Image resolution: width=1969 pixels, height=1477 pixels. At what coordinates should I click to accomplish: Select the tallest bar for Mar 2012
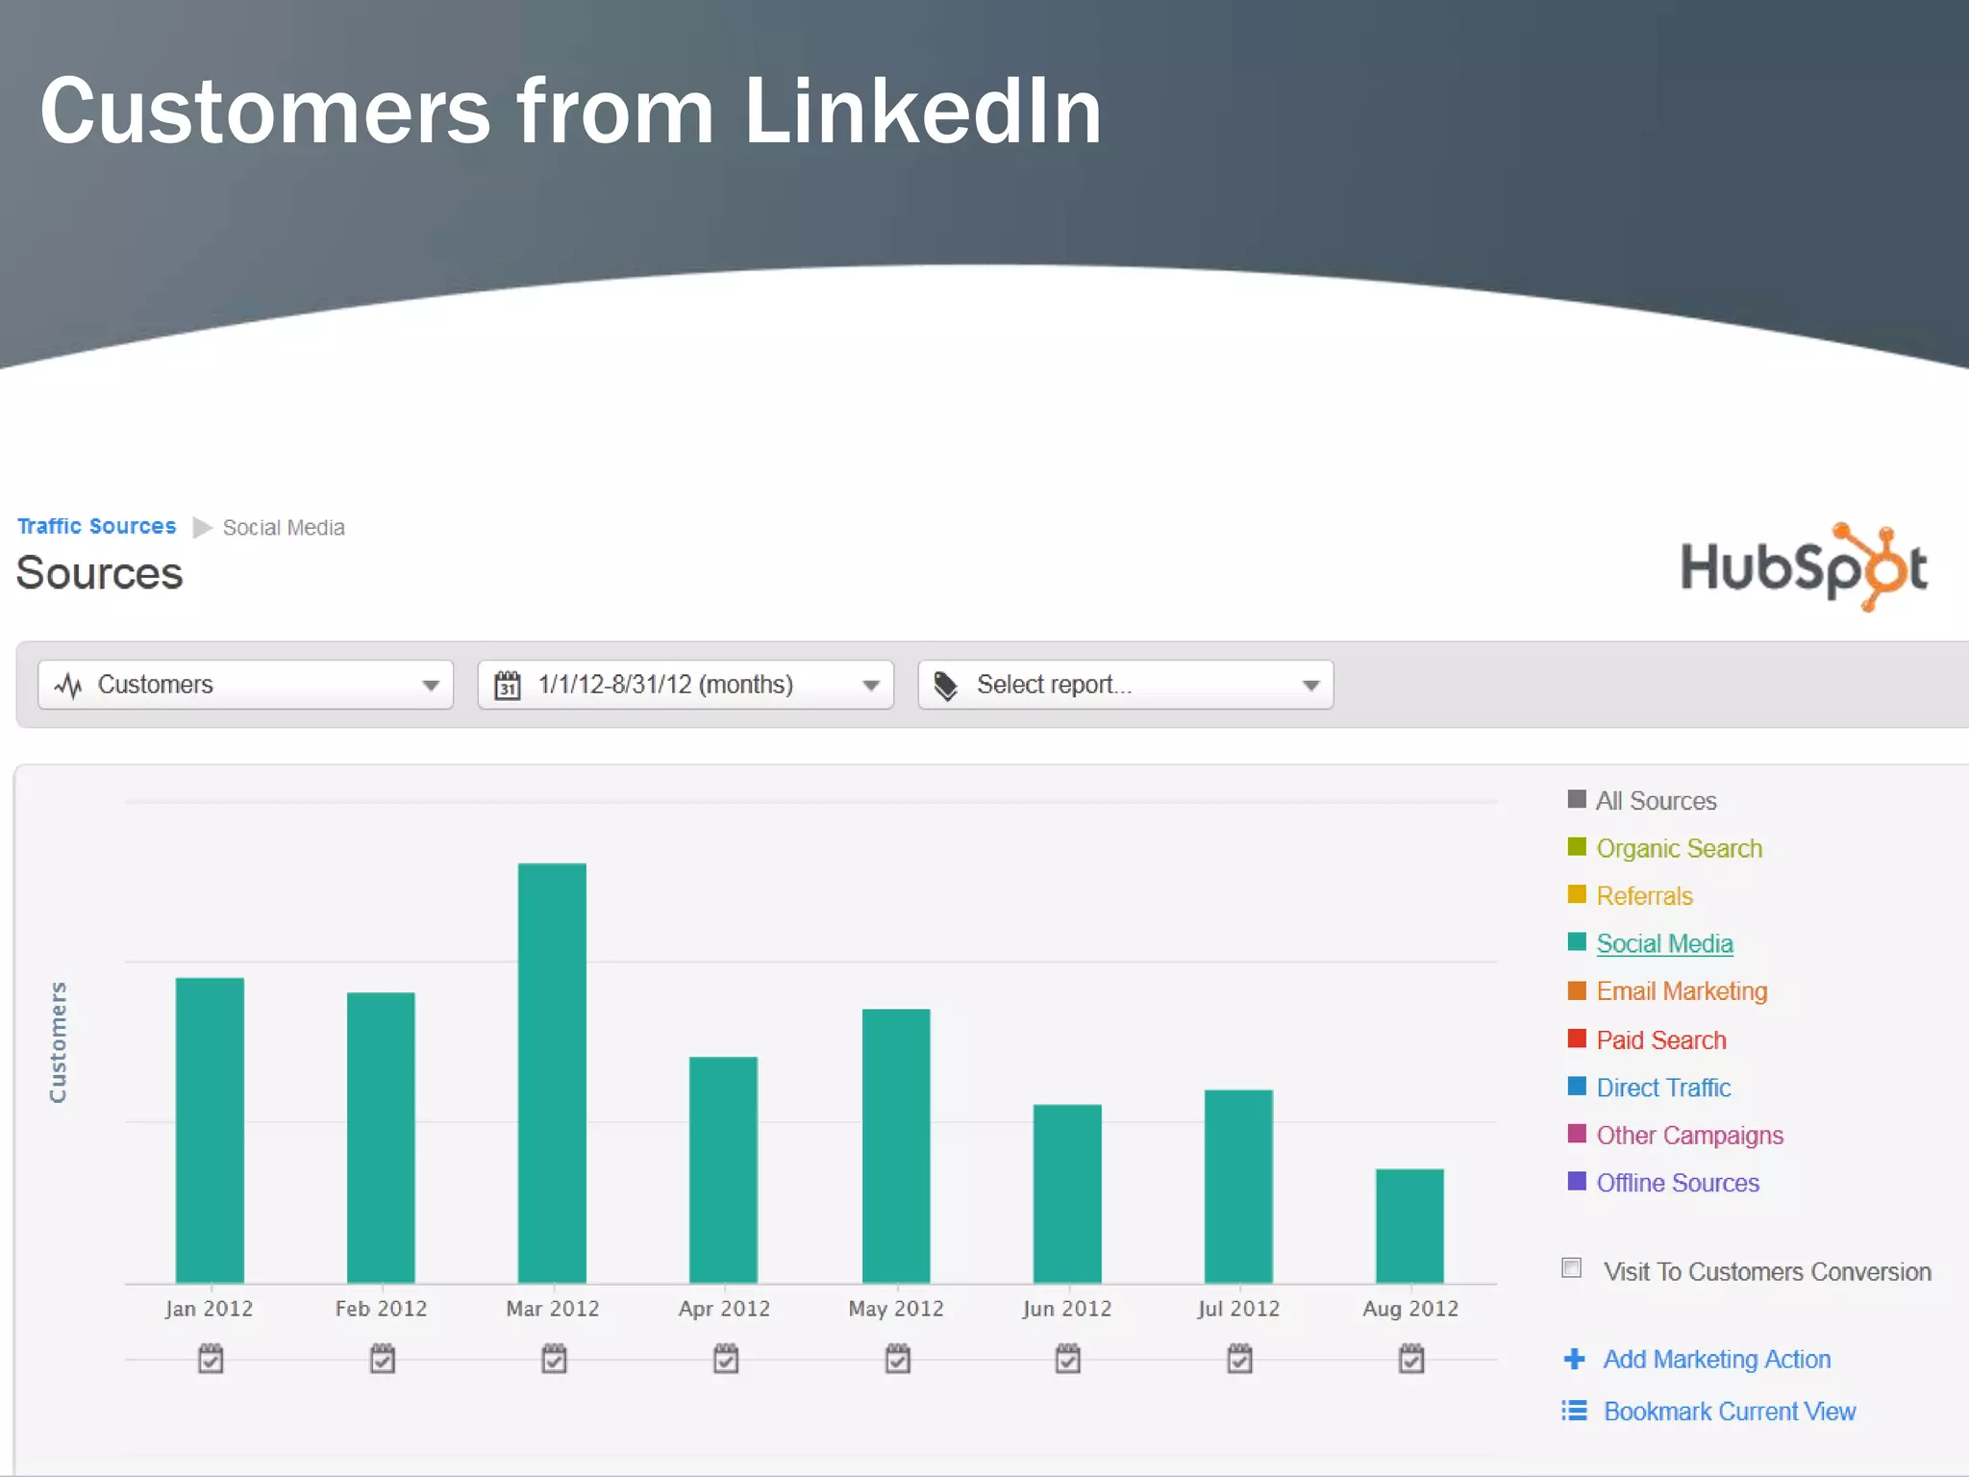pyautogui.click(x=552, y=1072)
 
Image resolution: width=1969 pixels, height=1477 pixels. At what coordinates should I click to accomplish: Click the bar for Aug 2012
pyautogui.click(x=1409, y=1225)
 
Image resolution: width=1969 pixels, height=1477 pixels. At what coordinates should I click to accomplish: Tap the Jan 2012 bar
pyautogui.click(x=210, y=1130)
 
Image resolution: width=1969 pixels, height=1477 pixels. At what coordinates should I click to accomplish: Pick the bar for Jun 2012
pyautogui.click(x=1067, y=1193)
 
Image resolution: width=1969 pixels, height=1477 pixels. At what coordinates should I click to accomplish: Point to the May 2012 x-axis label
pyautogui.click(x=896, y=1309)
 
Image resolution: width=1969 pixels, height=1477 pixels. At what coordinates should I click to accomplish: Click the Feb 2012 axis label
pyautogui.click(x=381, y=1309)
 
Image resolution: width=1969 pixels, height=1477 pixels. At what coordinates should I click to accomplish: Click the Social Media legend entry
pyautogui.click(x=1664, y=943)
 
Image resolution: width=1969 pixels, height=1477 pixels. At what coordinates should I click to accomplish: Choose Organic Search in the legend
pyautogui.click(x=1679, y=848)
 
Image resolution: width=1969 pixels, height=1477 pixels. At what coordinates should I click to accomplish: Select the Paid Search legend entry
pyautogui.click(x=1660, y=1039)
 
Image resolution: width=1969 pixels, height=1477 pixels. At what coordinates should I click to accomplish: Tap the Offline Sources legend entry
pyautogui.click(x=1678, y=1183)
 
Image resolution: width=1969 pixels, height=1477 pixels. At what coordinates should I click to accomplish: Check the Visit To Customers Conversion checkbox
pyautogui.click(x=1572, y=1268)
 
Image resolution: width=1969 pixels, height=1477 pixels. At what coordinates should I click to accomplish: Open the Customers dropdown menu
pyautogui.click(x=245, y=685)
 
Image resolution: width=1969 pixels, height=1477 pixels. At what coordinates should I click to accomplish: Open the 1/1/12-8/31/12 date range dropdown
pyautogui.click(x=685, y=685)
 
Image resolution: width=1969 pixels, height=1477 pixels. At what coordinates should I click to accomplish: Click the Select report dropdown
pyautogui.click(x=1125, y=685)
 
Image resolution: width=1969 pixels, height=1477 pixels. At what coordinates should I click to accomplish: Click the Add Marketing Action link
pyautogui.click(x=1716, y=1359)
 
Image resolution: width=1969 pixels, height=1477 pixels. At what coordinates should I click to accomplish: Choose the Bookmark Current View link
pyautogui.click(x=1729, y=1411)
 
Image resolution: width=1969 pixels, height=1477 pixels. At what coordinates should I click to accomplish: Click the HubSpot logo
pyautogui.click(x=1804, y=567)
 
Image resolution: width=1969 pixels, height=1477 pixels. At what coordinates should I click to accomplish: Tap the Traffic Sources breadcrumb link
pyautogui.click(x=97, y=527)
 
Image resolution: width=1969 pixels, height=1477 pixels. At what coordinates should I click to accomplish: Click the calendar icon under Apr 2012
pyautogui.click(x=726, y=1359)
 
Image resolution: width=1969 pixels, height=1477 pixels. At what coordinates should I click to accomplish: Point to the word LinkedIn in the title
pyautogui.click(x=923, y=112)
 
